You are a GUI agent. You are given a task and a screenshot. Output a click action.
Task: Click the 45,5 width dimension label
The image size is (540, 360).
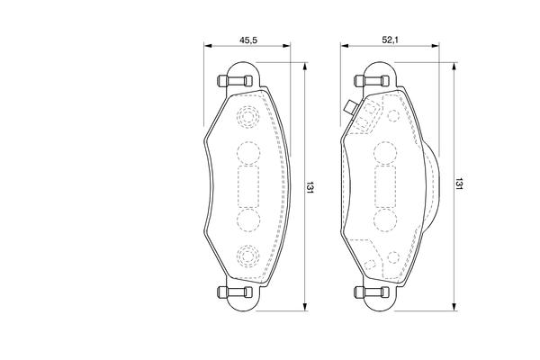pos(249,40)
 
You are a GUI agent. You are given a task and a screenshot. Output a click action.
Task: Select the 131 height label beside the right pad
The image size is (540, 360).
pos(459,184)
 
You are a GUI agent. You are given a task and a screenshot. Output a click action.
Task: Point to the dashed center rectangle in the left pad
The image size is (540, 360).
pos(247,187)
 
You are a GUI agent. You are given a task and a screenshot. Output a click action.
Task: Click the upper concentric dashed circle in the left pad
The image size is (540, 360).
pos(247,119)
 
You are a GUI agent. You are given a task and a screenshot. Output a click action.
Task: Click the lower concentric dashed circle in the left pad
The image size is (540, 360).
pos(247,256)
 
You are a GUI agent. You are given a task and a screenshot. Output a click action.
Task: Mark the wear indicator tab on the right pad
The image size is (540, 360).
pos(349,110)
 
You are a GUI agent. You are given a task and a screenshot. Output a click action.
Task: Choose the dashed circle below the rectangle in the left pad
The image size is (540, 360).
pos(247,221)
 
